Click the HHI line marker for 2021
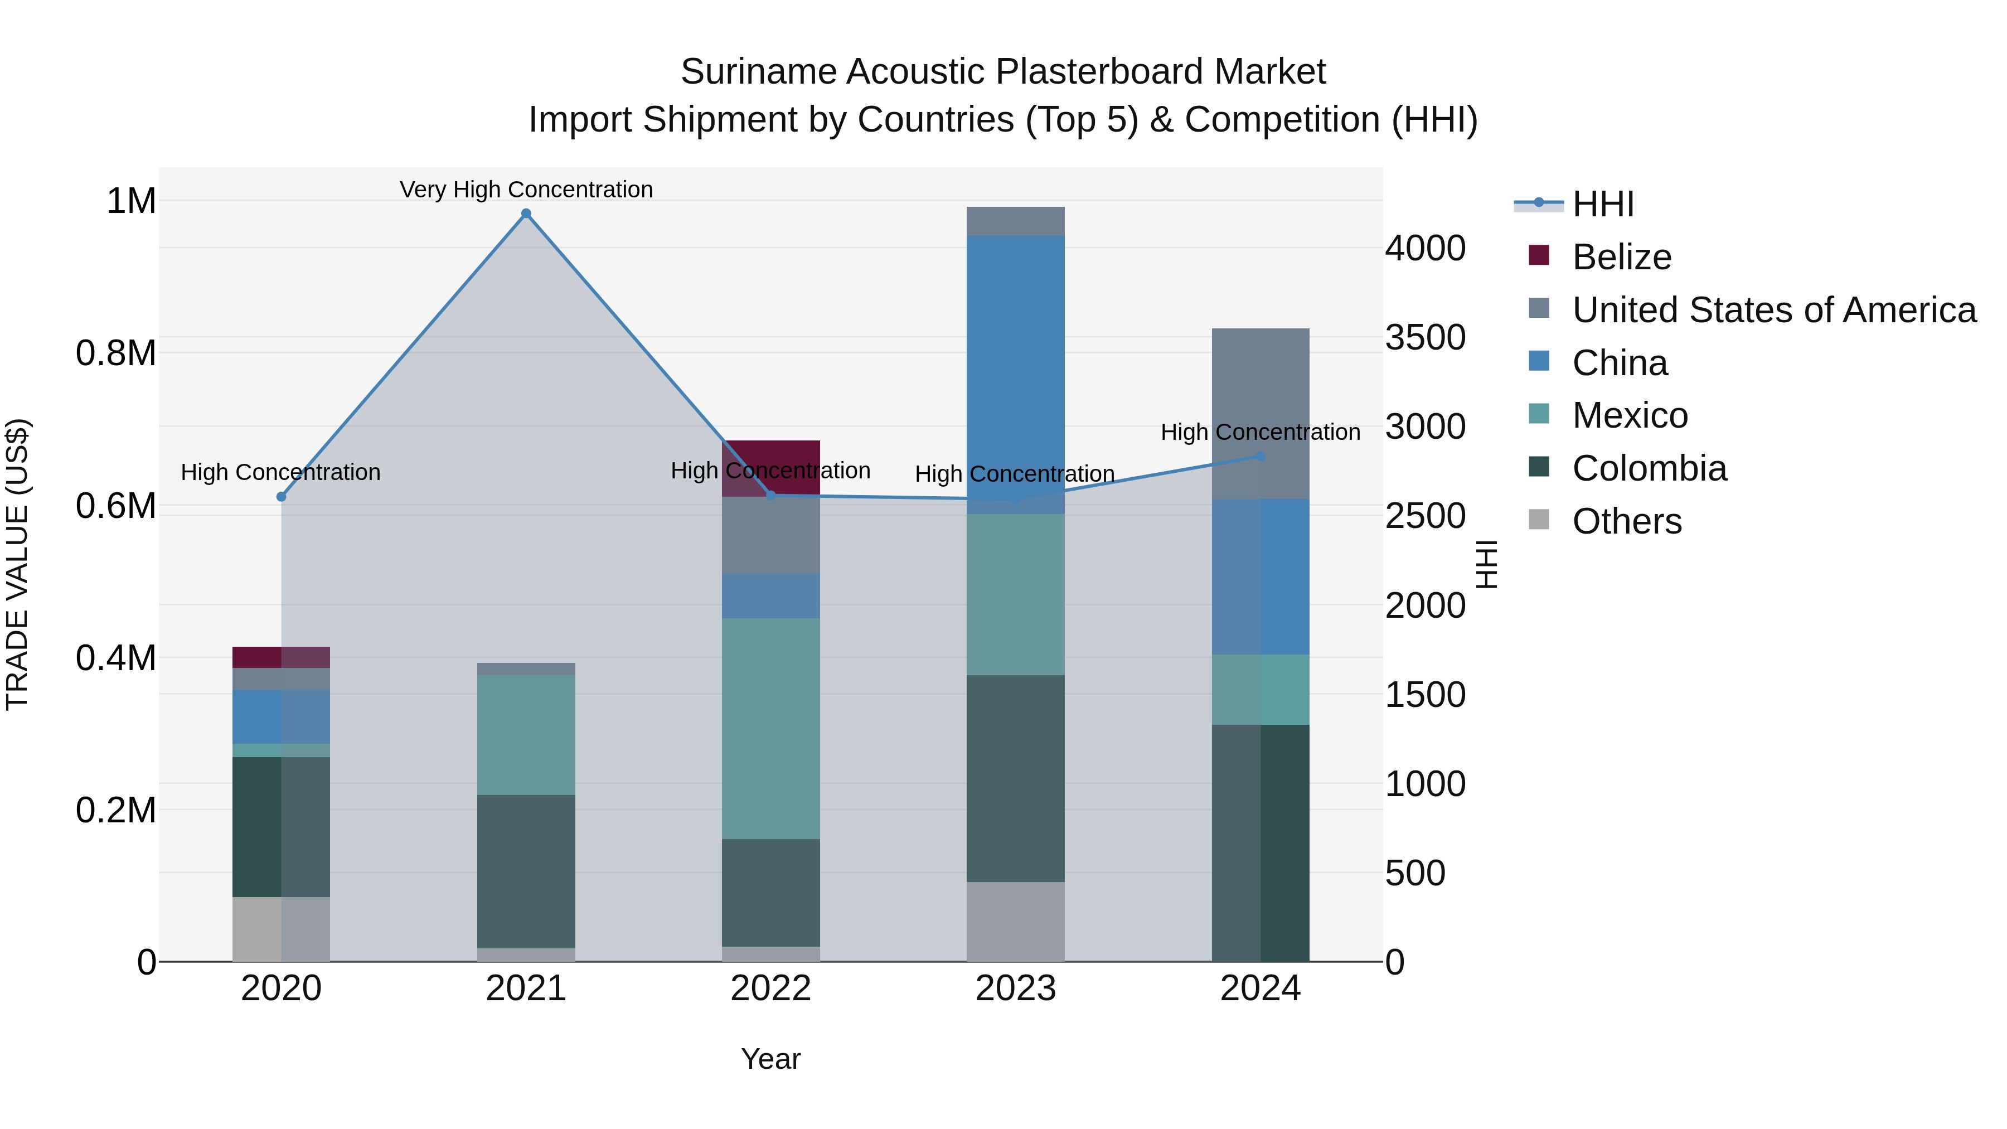526,214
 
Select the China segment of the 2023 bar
1015,366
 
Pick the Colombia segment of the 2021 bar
526,871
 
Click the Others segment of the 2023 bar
1015,921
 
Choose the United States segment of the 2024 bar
1260,413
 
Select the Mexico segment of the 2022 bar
770,729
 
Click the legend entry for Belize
1621,257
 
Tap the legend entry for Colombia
1649,468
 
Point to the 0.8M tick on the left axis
116,353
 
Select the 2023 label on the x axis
1015,989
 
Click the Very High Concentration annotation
526,190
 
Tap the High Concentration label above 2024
1260,432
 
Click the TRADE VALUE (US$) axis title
17,564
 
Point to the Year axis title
770,1059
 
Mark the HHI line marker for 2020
282,496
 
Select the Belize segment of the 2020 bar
282,657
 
